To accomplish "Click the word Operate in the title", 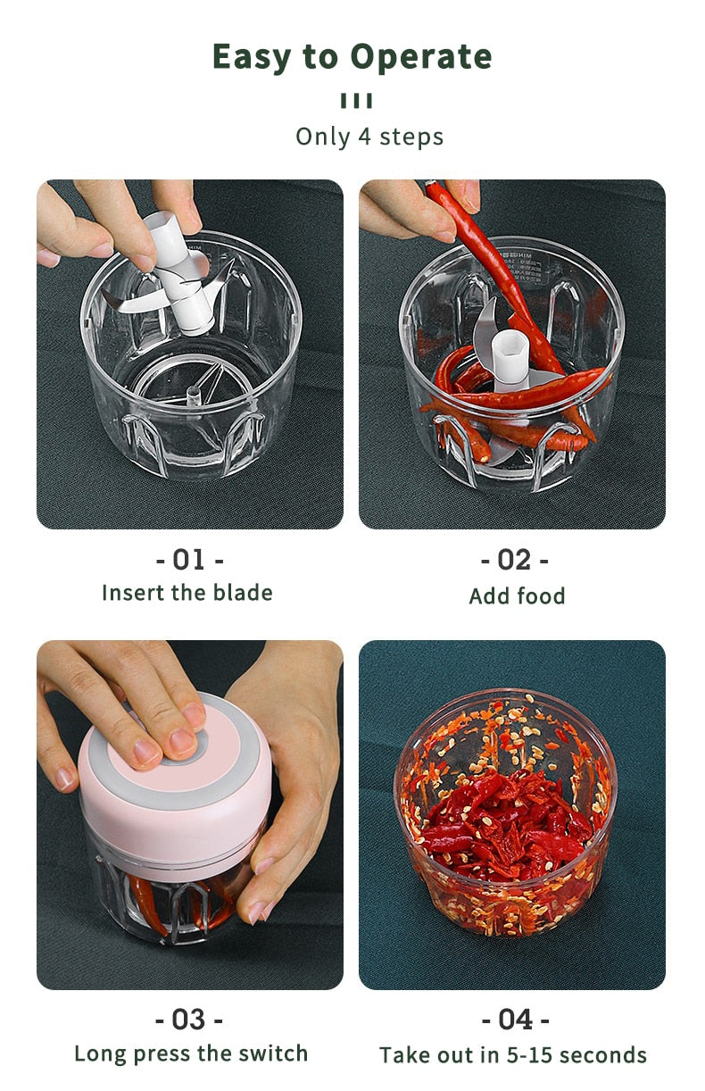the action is click(421, 58).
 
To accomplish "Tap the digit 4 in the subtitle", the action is click(365, 137).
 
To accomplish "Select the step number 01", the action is click(189, 560).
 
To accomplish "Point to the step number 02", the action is click(514, 560).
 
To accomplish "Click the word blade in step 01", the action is click(243, 593).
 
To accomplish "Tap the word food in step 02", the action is click(541, 595).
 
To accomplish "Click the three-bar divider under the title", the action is click(356, 101).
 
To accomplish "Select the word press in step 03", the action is click(163, 1054).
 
